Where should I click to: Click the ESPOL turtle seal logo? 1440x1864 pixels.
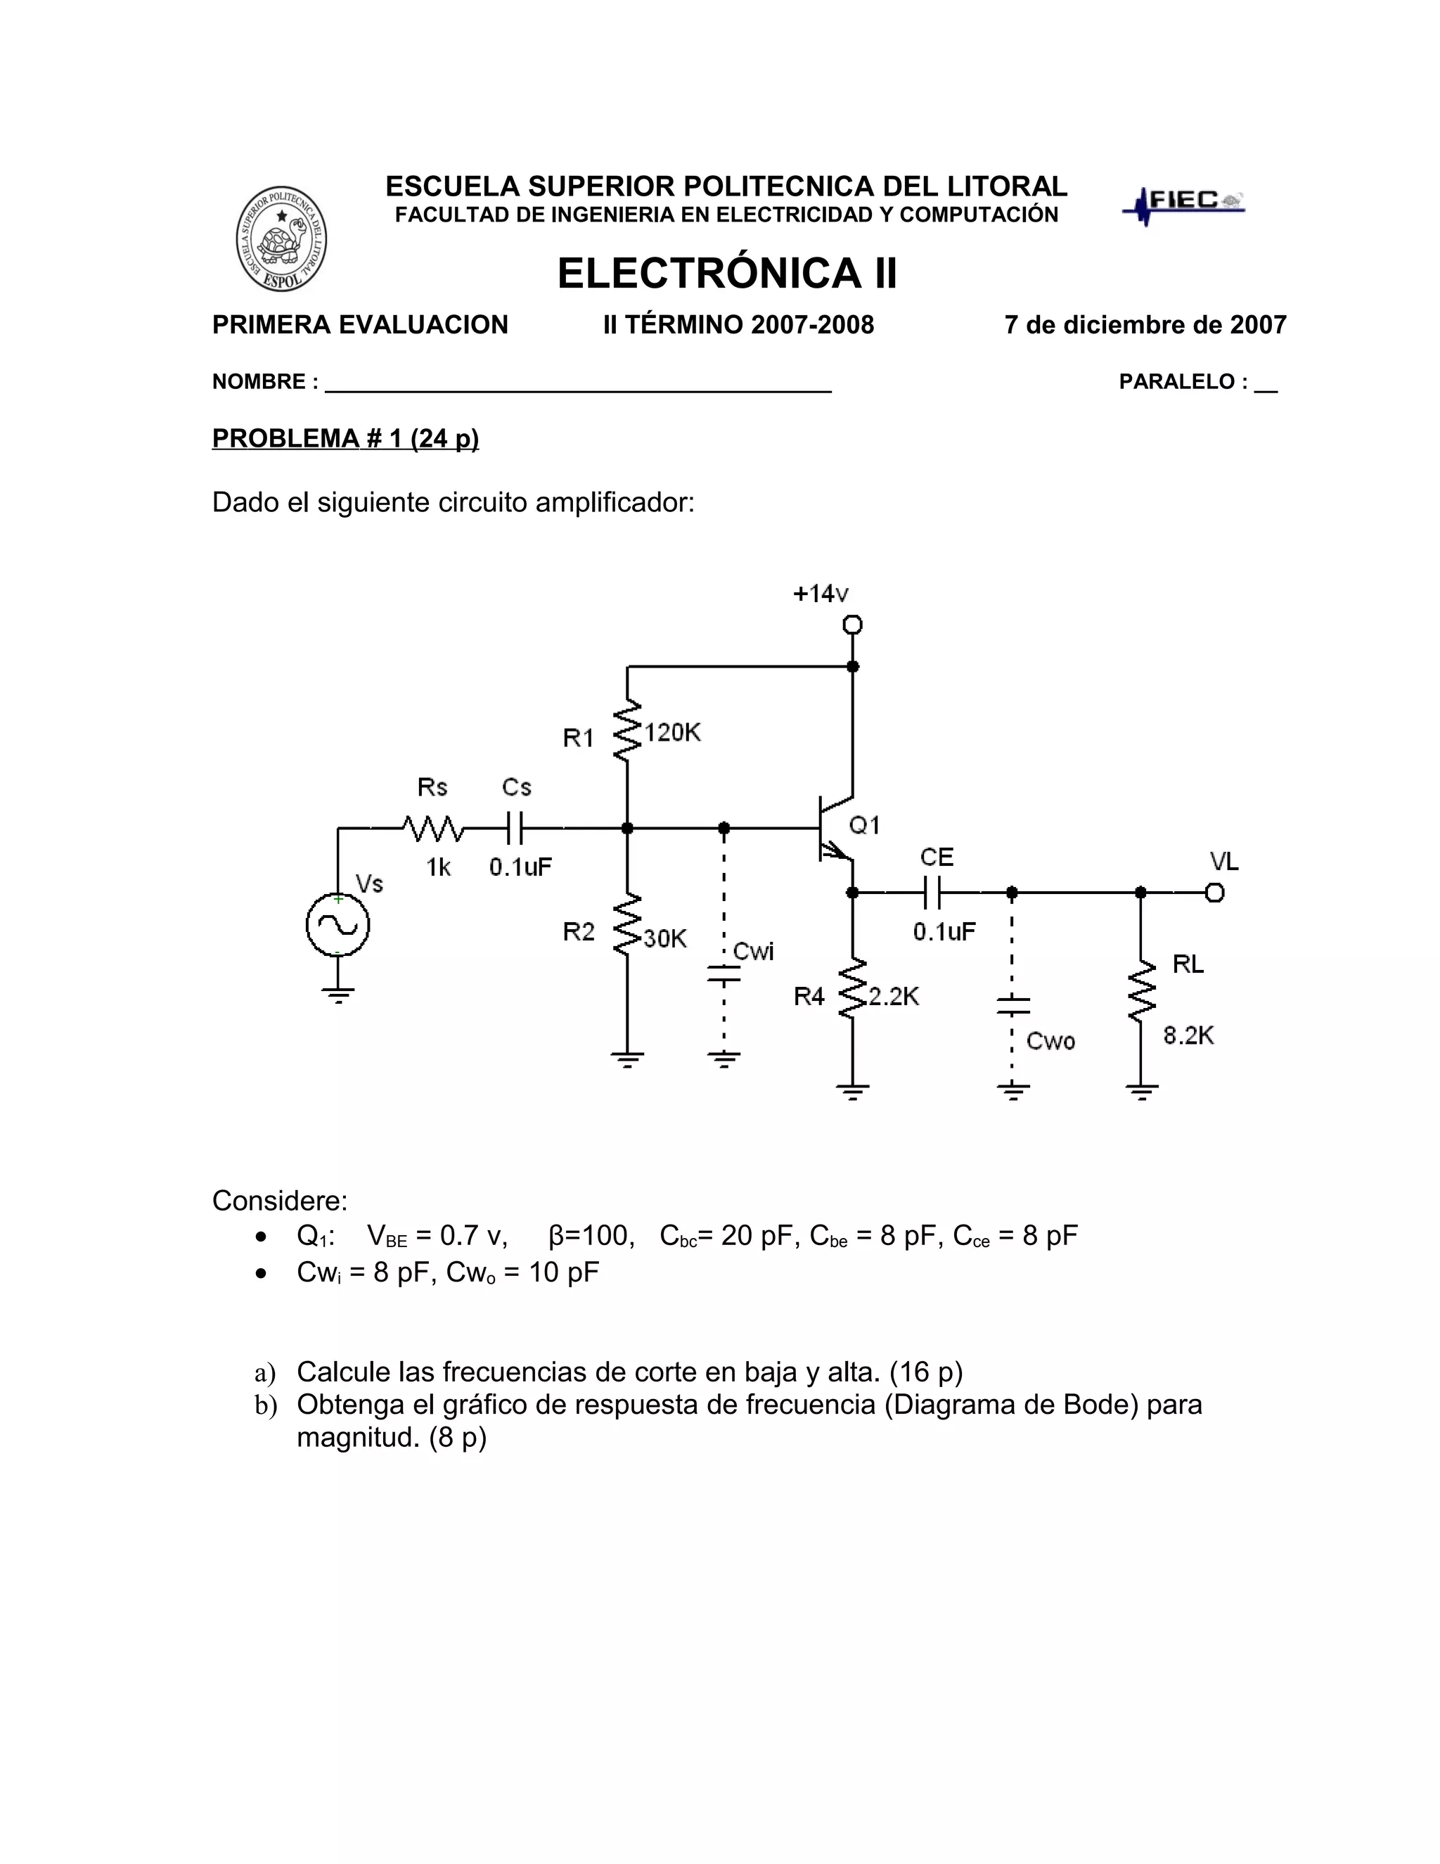pos(281,238)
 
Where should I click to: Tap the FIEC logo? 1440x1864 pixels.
pos(1183,204)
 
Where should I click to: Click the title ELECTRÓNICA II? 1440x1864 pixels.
pos(727,274)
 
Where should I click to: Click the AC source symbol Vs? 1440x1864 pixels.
pos(337,925)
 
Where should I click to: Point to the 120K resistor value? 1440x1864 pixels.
pos(672,732)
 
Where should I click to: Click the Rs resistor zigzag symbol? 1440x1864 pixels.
pos(433,828)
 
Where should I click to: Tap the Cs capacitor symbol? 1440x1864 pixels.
pos(515,828)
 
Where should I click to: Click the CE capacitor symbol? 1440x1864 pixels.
pos(932,893)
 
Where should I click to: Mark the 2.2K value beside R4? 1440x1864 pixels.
pos(893,997)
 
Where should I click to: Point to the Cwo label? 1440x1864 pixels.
pos(1050,1041)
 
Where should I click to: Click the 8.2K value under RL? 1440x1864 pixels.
pos(1188,1036)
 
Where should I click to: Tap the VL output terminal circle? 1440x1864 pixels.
pos(1215,893)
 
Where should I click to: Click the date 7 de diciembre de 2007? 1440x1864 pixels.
pos(1145,325)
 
